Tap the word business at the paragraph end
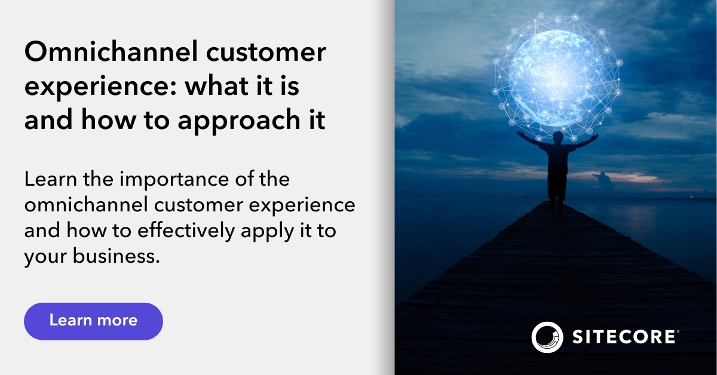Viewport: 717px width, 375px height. [x=120, y=257]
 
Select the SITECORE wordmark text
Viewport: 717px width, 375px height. [x=625, y=337]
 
